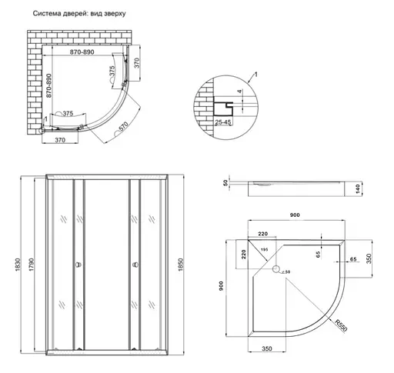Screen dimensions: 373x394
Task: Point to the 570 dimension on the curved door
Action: coord(122,131)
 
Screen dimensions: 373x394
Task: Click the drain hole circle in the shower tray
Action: coord(278,269)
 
